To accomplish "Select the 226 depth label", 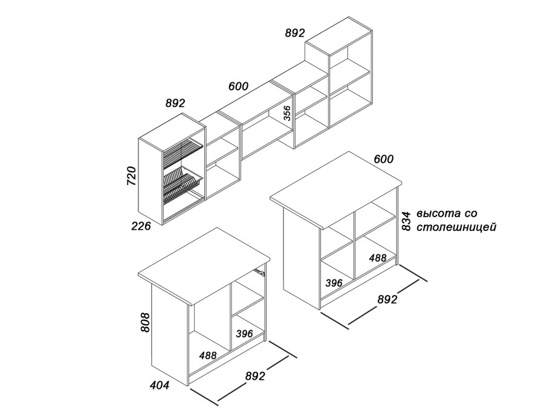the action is point(141,226).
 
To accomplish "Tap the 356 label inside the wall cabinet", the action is point(287,113).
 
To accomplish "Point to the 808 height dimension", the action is point(145,322).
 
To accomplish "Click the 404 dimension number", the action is point(159,385).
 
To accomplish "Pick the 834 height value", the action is point(406,221).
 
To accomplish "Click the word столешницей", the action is point(456,227).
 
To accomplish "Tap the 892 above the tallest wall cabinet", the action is point(295,33).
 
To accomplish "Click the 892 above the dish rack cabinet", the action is point(175,103).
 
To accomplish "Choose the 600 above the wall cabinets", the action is point(238,86).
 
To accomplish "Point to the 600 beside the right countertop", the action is point(383,159).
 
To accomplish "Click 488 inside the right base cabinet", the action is point(377,258).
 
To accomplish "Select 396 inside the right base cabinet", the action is point(334,283).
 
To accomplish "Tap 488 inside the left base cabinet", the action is point(208,356).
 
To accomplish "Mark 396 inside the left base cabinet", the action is point(245,333).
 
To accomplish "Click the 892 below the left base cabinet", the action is point(255,376).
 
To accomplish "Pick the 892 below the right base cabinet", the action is point(387,299).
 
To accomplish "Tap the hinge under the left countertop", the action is point(259,272).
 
